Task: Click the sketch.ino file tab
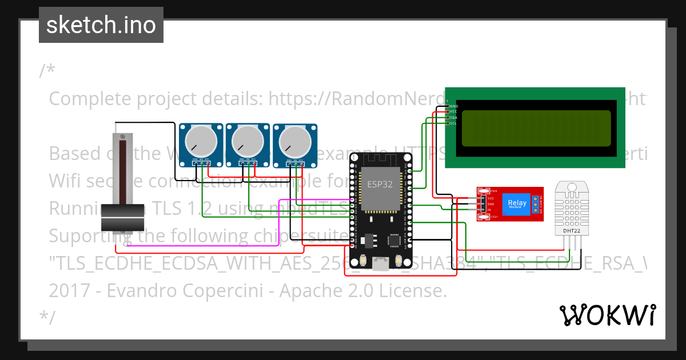[x=101, y=25]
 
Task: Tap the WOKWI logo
[x=607, y=315]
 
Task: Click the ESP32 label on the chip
[x=380, y=184]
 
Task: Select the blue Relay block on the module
[x=517, y=203]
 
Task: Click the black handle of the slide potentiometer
[x=122, y=218]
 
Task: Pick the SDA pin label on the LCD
[x=453, y=118]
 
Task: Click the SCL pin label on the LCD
[x=453, y=123]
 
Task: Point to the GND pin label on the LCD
[x=453, y=106]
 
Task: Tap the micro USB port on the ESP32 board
[x=380, y=263]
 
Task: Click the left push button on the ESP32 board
[x=364, y=261]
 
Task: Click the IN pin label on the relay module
[x=490, y=210]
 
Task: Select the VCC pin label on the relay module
[x=490, y=198]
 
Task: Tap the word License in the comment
[x=412, y=291]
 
